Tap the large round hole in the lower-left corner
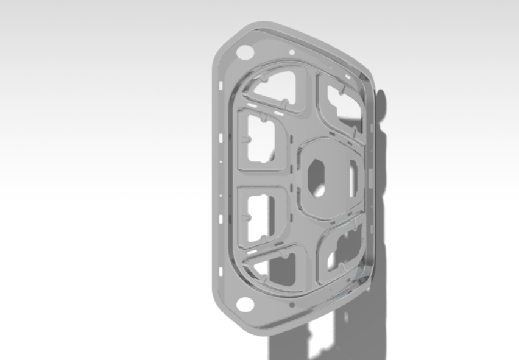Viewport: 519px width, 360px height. click(x=245, y=305)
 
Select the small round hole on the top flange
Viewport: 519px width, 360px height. click(x=292, y=52)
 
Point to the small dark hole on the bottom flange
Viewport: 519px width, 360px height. click(x=292, y=303)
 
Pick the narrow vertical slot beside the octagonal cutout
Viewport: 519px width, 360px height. click(x=353, y=180)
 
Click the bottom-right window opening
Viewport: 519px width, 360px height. click(x=343, y=250)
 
